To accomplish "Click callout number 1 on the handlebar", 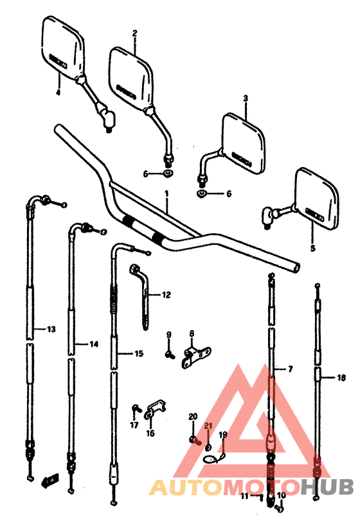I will (166, 193).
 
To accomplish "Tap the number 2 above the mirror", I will (135, 33).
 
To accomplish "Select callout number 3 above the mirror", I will (245, 98).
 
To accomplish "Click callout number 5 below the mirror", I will (313, 247).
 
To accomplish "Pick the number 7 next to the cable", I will (290, 369).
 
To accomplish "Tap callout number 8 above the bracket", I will (192, 333).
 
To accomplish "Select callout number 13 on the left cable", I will (50, 330).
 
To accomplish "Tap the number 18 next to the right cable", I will (341, 378).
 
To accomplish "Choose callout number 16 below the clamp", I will (150, 433).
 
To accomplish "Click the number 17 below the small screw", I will (134, 425).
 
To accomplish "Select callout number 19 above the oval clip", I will (223, 436).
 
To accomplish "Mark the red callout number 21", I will (208, 426).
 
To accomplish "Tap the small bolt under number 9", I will (170, 352).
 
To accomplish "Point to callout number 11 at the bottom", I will (245, 497).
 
